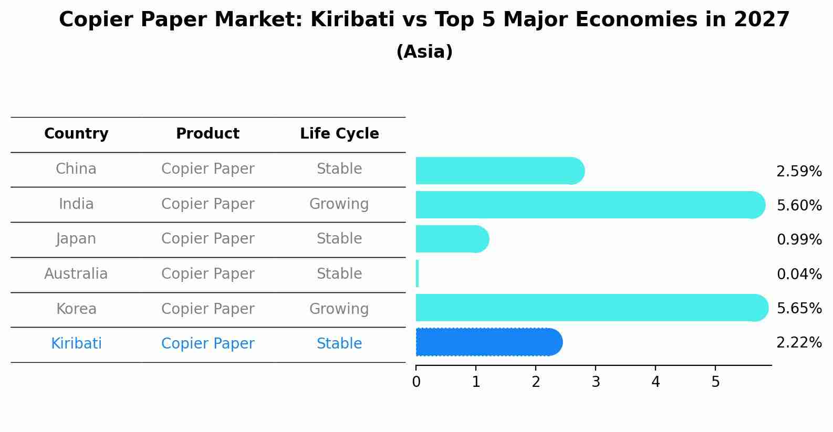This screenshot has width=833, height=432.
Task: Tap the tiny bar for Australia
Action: (418, 273)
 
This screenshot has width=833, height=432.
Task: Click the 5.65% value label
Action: (799, 308)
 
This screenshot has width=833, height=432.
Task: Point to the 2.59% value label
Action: (799, 172)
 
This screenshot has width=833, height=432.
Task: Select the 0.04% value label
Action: (799, 274)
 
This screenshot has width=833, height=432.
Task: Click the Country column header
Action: (76, 134)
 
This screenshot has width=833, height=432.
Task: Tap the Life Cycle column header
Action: (339, 134)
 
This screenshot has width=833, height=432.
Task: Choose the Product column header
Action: (207, 134)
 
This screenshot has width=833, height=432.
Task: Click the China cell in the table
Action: (76, 169)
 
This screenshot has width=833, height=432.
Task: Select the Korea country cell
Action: (76, 309)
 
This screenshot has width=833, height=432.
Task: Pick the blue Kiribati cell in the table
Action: (76, 344)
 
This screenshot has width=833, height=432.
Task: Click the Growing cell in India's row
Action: (339, 204)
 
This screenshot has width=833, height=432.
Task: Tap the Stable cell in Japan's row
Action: (339, 239)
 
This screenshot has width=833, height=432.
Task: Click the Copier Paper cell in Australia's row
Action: (207, 274)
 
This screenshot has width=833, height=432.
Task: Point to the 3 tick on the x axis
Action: (596, 382)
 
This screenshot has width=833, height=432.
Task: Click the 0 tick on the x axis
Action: (416, 382)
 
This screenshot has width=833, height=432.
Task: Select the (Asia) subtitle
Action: (424, 52)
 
